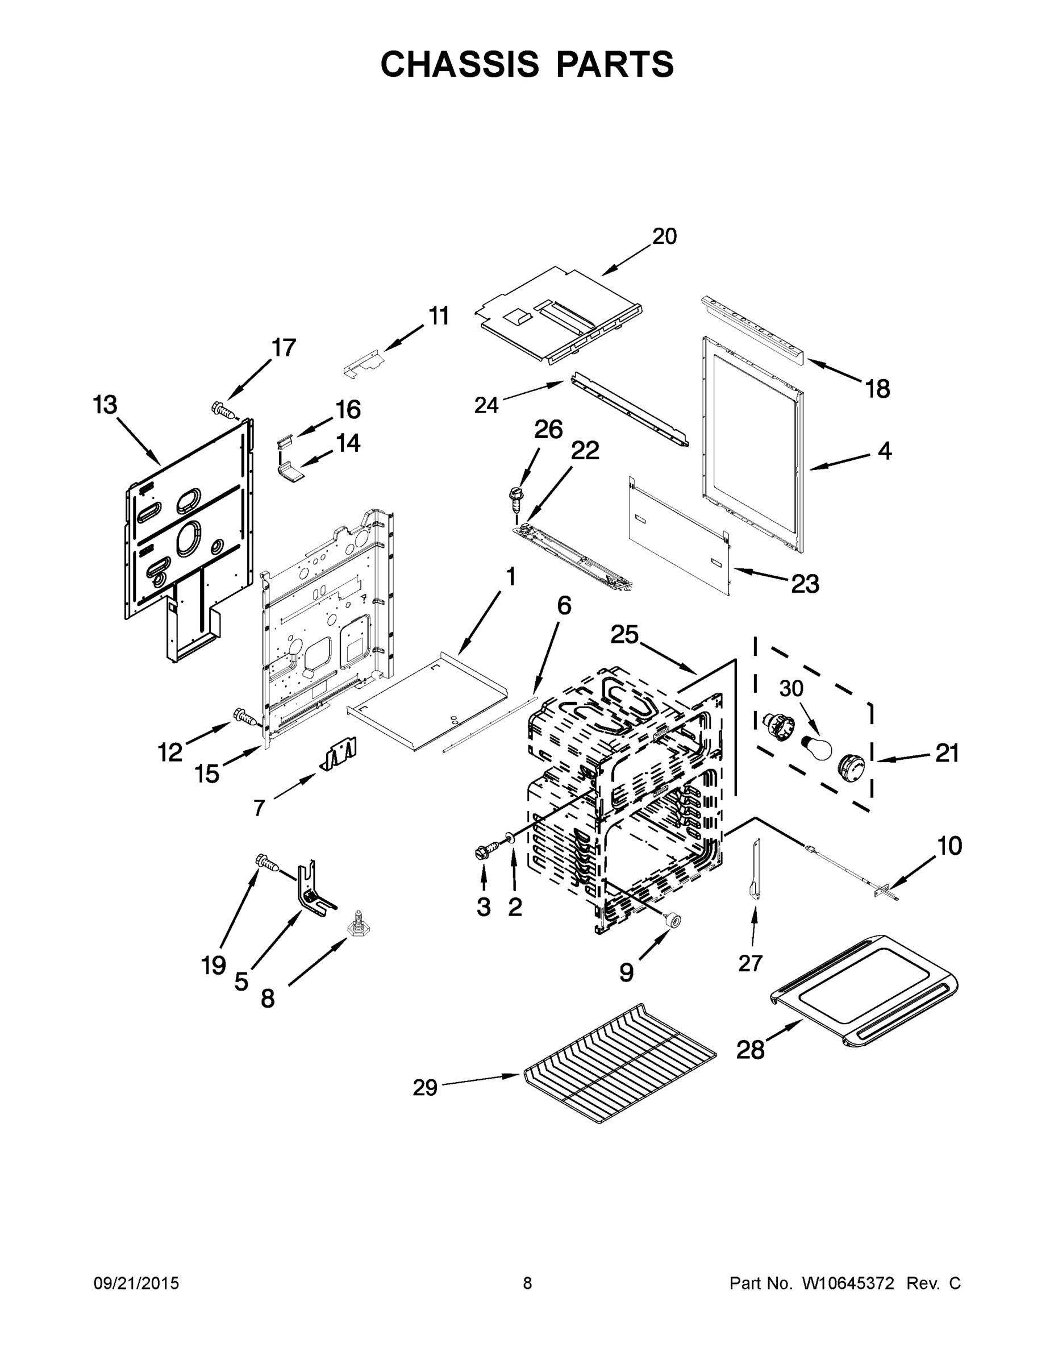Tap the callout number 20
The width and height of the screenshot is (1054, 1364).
pos(664,236)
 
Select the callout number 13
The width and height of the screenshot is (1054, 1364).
pos(105,405)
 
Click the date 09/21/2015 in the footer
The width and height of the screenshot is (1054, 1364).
pos(136,1283)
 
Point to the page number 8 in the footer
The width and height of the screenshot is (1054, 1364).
pos(527,1283)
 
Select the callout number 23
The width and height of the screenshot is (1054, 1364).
pos(805,584)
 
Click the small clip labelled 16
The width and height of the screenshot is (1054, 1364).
pos(285,442)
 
